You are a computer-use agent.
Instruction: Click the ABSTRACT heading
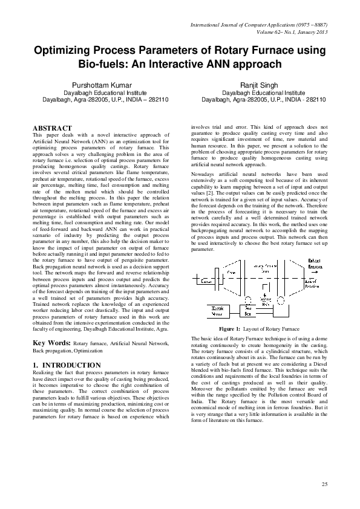[x=51, y=128]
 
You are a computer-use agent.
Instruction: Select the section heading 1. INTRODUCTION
[x=66, y=365]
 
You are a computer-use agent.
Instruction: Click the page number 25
[x=325, y=483]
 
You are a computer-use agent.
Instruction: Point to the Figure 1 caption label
[x=230, y=328]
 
